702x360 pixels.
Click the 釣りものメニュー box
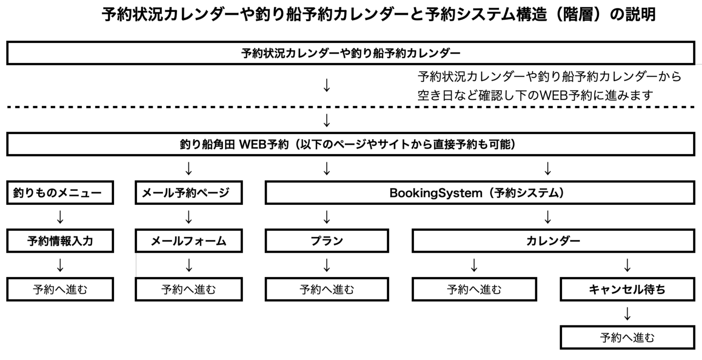pyautogui.click(x=60, y=193)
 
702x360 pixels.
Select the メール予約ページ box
pyautogui.click(x=189, y=193)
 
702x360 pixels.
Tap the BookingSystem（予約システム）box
pyautogui.click(x=480, y=193)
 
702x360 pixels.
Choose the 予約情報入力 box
pyautogui.click(x=60, y=241)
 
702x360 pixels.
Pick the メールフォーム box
pyautogui.click(x=189, y=241)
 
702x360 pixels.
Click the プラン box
pyautogui.click(x=327, y=241)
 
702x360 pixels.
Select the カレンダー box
pyautogui.click(x=553, y=241)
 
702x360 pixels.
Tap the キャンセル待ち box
pyautogui.click(x=627, y=289)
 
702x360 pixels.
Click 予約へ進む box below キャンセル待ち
pyautogui.click(x=627, y=338)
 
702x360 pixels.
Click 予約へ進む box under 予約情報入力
pyautogui.click(x=60, y=289)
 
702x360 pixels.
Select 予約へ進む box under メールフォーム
pyautogui.click(x=189, y=289)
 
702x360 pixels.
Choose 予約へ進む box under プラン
pyautogui.click(x=327, y=289)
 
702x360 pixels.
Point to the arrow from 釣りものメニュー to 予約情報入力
pyautogui.click(x=60, y=217)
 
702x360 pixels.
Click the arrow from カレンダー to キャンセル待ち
pyautogui.click(x=627, y=265)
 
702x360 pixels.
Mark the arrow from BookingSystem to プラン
pyautogui.click(x=327, y=217)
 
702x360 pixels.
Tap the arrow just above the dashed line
pyautogui.click(x=327, y=85)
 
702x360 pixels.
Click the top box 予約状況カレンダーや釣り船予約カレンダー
pyautogui.click(x=351, y=53)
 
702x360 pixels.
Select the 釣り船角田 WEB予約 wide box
pyautogui.click(x=351, y=145)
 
